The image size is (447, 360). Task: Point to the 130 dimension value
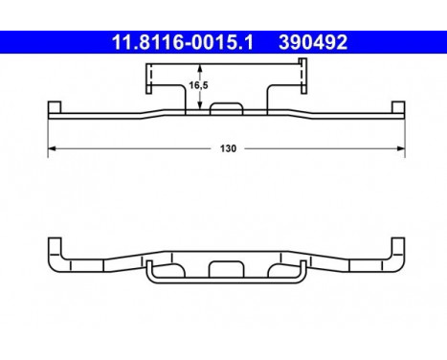coord(228,149)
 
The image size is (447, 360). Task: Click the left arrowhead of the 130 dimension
coord(52,148)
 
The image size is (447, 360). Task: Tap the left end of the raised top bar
coord(151,78)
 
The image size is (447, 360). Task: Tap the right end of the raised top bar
coord(302,78)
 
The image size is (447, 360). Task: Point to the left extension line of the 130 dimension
coord(48,134)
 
